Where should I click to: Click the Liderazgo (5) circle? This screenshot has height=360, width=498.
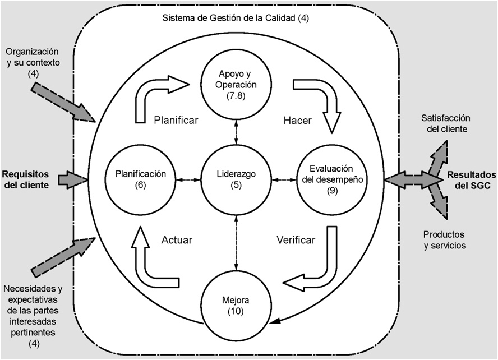(236, 179)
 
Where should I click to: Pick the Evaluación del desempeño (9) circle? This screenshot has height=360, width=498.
(331, 179)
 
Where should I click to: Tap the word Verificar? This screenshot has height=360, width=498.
(296, 240)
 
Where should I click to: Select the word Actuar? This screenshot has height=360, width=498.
(177, 240)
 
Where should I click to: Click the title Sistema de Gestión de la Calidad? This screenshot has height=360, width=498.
(236, 18)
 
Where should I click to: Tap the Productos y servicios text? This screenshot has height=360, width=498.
(444, 240)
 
